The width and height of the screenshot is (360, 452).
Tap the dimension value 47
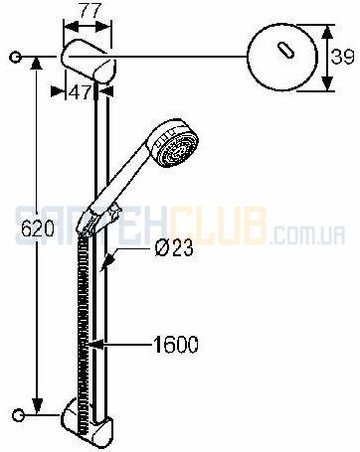[80, 92]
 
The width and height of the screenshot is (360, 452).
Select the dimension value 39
[342, 57]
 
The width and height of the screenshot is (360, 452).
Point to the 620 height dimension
[37, 228]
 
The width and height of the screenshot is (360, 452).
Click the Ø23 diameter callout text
[173, 247]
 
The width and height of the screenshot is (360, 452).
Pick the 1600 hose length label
[176, 345]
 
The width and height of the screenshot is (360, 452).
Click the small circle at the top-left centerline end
[15, 58]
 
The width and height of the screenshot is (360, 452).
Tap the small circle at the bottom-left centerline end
[18, 415]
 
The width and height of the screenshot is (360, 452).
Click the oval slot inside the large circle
[285, 51]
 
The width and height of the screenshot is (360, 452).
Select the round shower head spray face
[178, 148]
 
